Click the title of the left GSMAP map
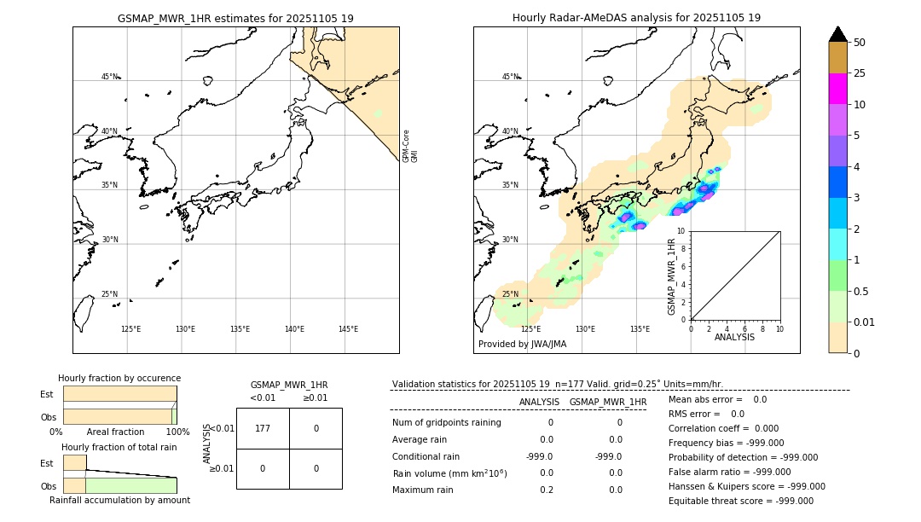click(235, 18)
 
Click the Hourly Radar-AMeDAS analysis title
click(636, 18)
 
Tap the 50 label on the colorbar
click(860, 43)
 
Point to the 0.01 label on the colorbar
click(865, 322)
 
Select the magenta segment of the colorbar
click(837, 89)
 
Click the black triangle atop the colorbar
click(837, 34)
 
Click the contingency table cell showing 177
click(263, 428)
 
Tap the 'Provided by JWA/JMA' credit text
click(522, 345)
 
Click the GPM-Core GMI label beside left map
click(410, 146)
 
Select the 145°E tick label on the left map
click(348, 329)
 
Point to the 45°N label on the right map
click(510, 78)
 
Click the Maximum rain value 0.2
click(546, 490)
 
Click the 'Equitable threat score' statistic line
click(740, 502)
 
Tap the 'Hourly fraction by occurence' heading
click(119, 379)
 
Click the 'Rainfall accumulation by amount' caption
click(119, 501)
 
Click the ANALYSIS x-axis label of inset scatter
click(735, 338)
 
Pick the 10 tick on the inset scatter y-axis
click(682, 231)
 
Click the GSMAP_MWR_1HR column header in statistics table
click(607, 403)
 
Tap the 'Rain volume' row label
click(449, 473)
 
